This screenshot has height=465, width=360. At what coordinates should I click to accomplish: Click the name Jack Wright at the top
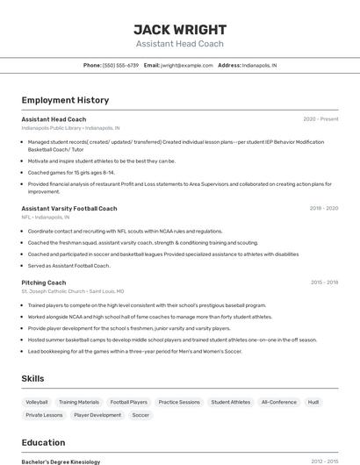(179, 29)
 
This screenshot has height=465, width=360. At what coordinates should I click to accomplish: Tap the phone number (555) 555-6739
(120, 65)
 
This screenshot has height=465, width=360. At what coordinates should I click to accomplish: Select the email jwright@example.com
(187, 65)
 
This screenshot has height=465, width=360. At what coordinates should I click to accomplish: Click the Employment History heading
(65, 100)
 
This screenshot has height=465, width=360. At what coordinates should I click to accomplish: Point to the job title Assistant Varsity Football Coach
(68, 209)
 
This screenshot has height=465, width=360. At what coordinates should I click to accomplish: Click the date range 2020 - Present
(320, 119)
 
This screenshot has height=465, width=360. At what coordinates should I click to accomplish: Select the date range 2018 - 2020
(323, 209)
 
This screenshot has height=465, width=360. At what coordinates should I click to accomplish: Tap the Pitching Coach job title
(44, 283)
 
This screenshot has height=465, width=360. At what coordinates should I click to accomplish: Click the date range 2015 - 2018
(324, 283)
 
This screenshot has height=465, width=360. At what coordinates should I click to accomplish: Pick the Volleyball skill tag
(37, 402)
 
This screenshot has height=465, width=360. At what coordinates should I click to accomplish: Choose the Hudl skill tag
(313, 402)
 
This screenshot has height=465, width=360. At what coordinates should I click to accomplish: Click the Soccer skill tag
(140, 415)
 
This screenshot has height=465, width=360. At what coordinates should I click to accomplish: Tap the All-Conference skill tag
(278, 402)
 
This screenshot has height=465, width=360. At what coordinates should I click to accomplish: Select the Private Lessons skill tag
(44, 415)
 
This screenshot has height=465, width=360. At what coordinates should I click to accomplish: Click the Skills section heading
(33, 378)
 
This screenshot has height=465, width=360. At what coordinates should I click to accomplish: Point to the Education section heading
(43, 442)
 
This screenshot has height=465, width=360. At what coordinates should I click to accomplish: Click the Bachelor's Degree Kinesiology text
(61, 461)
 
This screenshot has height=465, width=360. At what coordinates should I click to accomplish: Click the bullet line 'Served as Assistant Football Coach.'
(68, 265)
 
